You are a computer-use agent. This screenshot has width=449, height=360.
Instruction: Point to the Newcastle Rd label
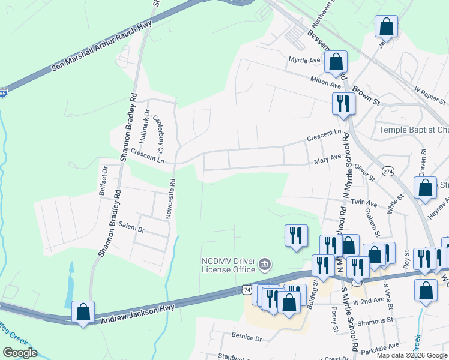click(x=170, y=199)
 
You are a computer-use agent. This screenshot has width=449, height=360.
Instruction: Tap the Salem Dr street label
click(x=132, y=229)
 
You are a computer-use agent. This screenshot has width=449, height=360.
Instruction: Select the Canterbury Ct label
click(x=159, y=133)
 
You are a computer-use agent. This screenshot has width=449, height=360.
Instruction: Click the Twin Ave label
click(x=364, y=203)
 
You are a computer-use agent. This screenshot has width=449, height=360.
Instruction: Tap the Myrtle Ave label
click(x=304, y=61)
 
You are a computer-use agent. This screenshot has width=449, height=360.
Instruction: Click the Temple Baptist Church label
click(x=414, y=130)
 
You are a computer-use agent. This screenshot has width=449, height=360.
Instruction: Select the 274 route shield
click(x=388, y=172)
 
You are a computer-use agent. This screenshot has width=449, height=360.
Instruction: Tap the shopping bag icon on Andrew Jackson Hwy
click(x=83, y=313)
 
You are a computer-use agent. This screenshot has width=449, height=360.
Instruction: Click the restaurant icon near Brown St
click(x=343, y=103)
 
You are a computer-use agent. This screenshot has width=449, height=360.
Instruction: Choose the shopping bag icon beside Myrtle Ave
click(x=336, y=61)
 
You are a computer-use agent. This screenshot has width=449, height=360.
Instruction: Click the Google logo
click(x=20, y=353)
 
